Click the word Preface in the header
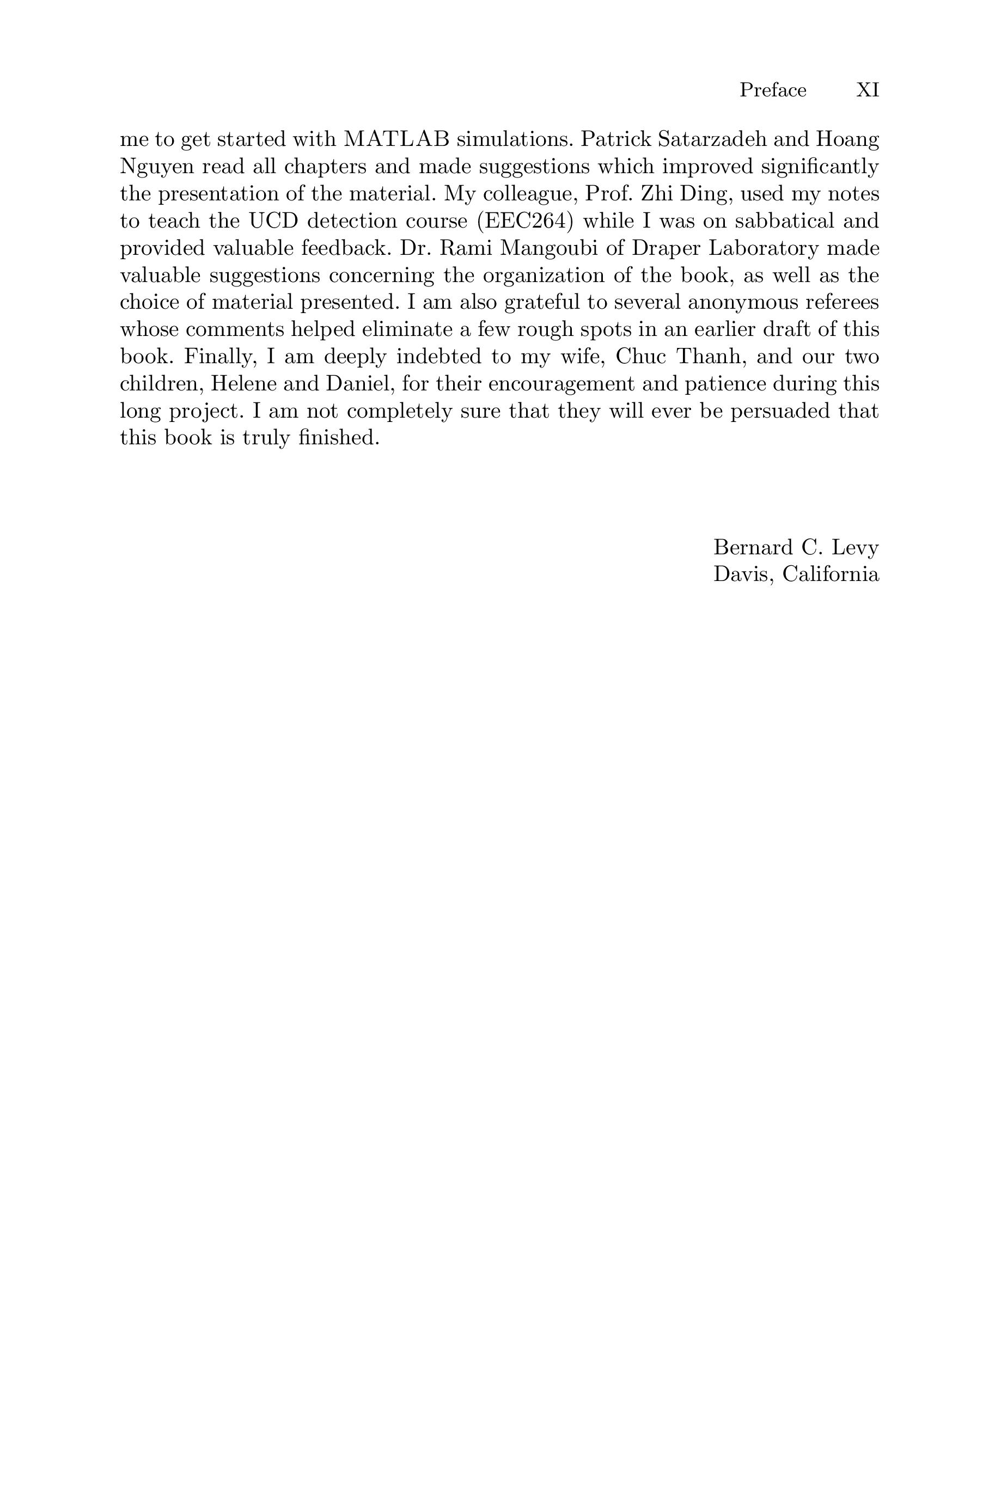(x=772, y=90)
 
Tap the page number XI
(x=867, y=90)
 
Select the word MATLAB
(x=396, y=138)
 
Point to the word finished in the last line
(x=338, y=438)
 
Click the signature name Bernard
(x=748, y=547)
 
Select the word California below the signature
(x=831, y=574)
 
